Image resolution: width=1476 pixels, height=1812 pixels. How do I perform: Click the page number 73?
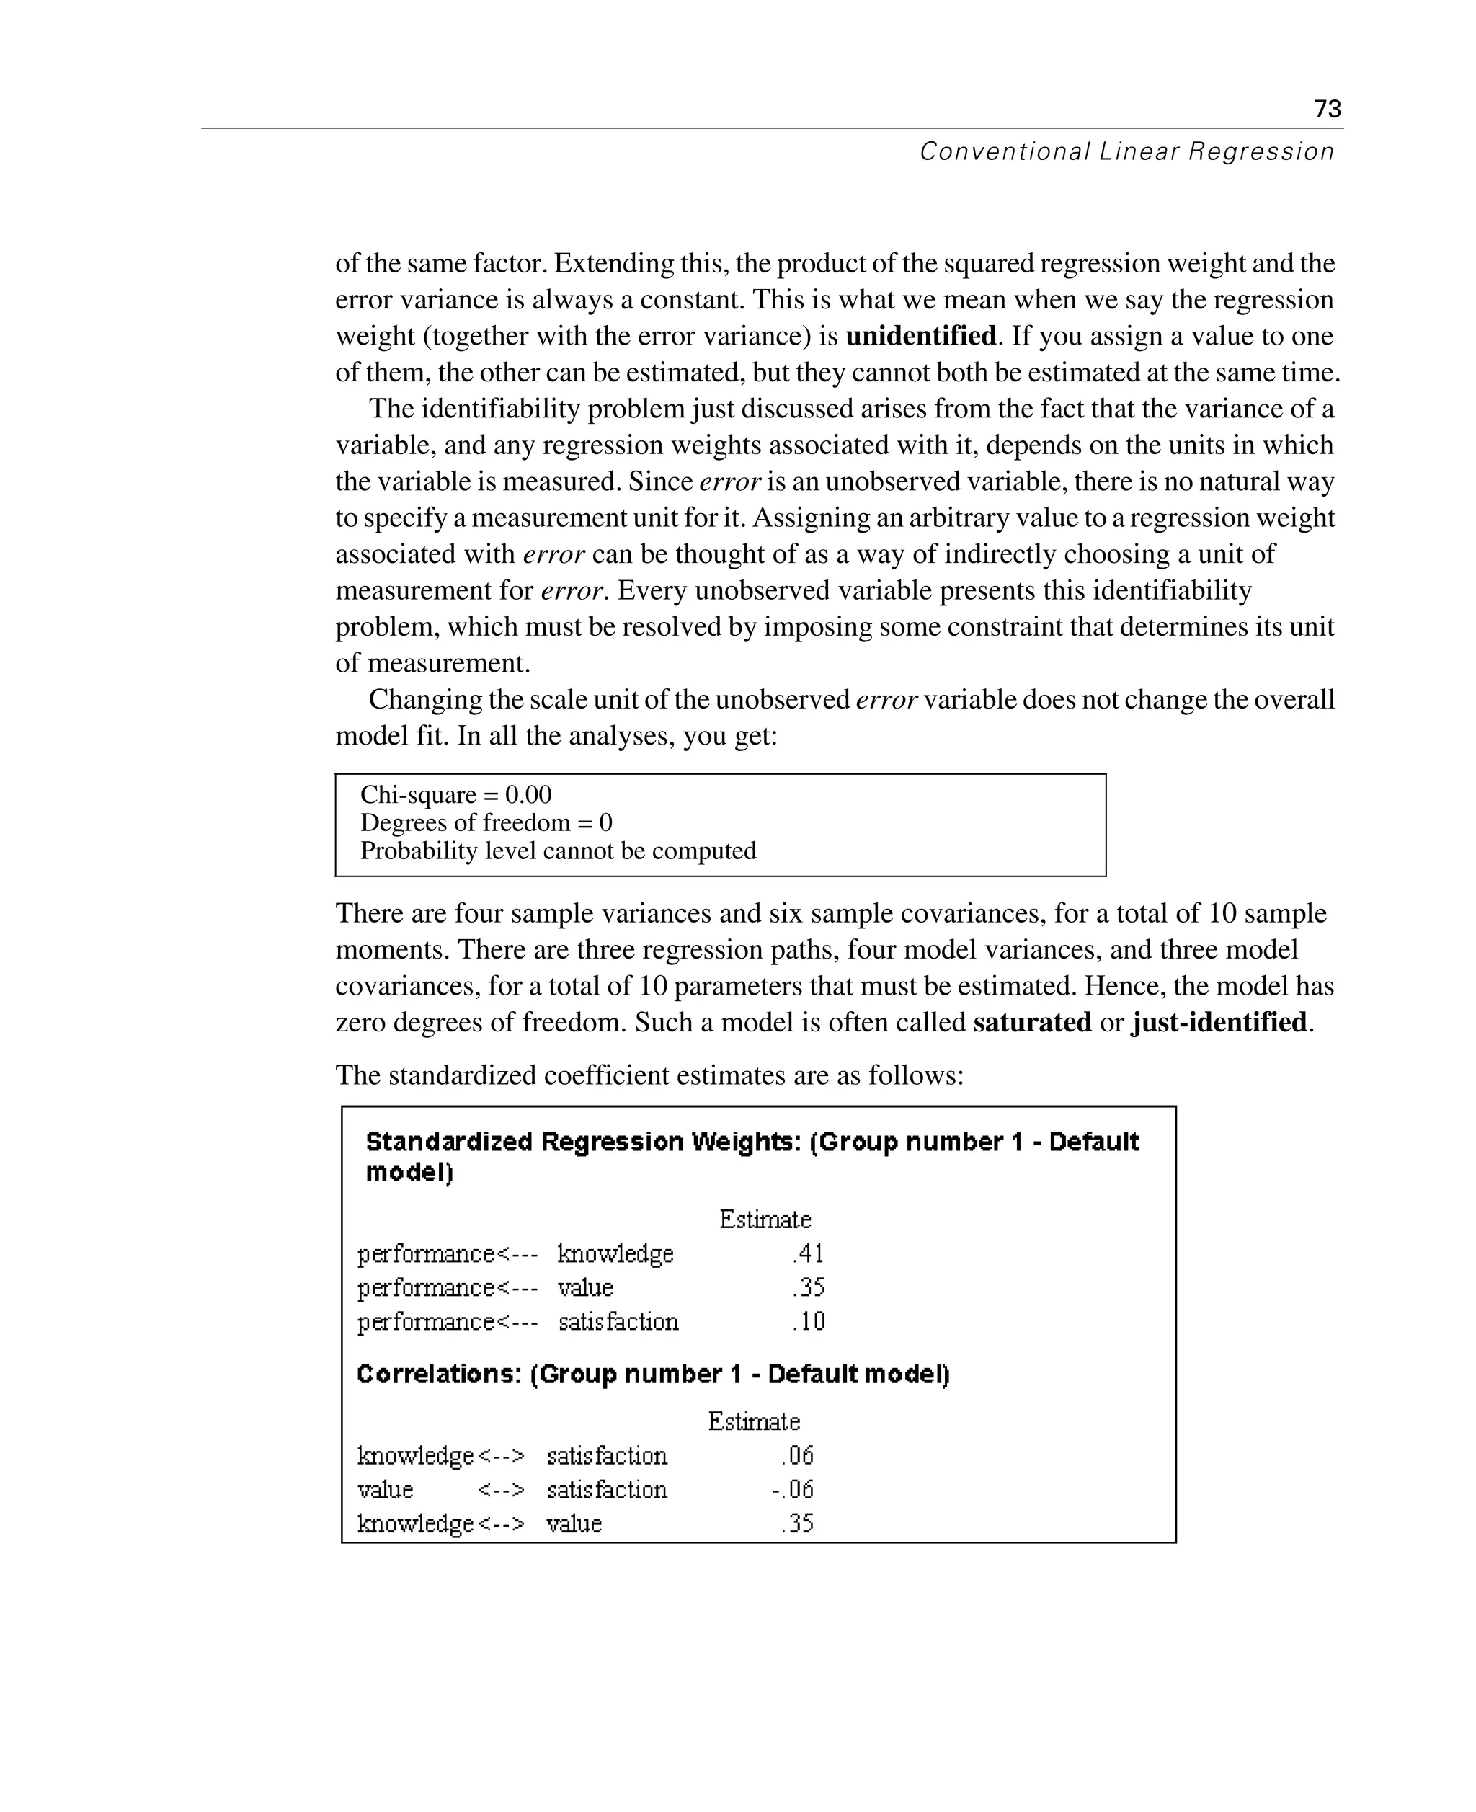pos(1328,109)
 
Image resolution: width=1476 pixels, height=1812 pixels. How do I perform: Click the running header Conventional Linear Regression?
pos(1126,152)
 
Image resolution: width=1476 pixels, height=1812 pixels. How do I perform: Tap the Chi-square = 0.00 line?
pos(455,795)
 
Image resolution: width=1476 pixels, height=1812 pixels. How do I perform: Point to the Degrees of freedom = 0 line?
pos(486,823)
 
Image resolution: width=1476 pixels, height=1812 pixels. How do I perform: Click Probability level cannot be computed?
pos(558,851)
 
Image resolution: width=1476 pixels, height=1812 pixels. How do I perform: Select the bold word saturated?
pos(1031,1022)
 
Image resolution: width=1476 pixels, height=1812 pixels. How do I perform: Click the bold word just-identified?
pos(1219,1022)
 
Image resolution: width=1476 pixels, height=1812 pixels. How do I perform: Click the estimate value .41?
pos(808,1254)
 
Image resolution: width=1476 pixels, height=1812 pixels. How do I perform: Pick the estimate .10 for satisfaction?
pos(809,1321)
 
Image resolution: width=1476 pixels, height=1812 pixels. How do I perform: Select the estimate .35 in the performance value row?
pos(809,1287)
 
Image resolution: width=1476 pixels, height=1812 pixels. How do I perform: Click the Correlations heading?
pos(652,1375)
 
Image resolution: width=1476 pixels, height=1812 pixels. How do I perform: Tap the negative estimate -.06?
pos(793,1490)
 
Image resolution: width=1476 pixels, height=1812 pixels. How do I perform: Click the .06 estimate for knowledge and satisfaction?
pos(798,1456)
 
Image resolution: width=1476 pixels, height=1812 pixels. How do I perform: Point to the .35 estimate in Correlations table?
pos(798,1523)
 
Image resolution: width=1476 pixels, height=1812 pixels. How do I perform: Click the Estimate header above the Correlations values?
pos(753,1422)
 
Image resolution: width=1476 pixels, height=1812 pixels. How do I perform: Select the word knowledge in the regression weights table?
pos(615,1254)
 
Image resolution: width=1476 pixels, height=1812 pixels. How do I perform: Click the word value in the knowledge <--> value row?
pos(574,1523)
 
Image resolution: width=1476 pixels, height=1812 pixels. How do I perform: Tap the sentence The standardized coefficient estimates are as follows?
pos(649,1075)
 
